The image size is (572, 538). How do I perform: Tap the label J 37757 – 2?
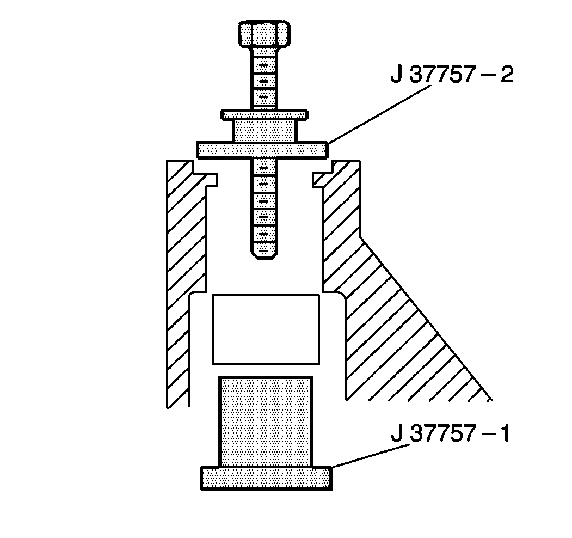pos(452,75)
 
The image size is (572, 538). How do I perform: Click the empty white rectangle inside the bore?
pos(266,329)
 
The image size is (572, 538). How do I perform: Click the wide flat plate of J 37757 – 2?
pos(262,150)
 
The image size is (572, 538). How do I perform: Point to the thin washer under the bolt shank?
pos(264,115)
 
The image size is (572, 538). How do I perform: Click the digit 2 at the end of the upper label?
pos(506,75)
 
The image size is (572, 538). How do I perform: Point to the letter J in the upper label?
pos(396,75)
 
